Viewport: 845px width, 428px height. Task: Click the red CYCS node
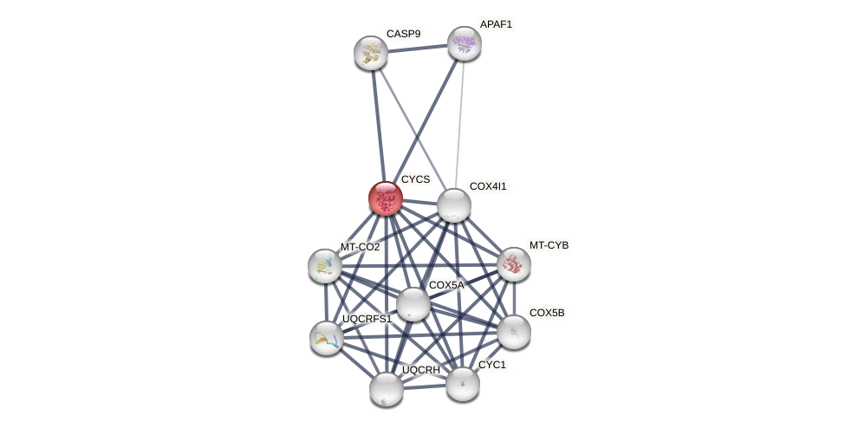click(386, 198)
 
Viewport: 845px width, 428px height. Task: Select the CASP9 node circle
click(371, 53)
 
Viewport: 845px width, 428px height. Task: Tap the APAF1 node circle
click(465, 43)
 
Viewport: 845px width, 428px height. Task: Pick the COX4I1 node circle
click(454, 205)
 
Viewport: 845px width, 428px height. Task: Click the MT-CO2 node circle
click(325, 266)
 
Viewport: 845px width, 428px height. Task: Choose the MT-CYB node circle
click(514, 264)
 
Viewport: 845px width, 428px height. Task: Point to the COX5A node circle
click(413, 304)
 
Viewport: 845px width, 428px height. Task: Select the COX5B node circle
click(514, 332)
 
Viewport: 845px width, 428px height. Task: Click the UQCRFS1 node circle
click(327, 338)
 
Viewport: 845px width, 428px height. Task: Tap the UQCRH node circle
click(387, 389)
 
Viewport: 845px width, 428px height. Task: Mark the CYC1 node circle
click(463, 384)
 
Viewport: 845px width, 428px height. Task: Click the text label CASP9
click(403, 34)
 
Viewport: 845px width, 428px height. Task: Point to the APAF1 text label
click(496, 24)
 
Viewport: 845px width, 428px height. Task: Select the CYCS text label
click(415, 179)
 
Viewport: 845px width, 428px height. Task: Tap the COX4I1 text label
click(488, 186)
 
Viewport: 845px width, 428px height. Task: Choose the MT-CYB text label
click(549, 245)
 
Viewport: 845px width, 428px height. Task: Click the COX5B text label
click(547, 313)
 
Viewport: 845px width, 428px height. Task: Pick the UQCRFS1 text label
click(367, 319)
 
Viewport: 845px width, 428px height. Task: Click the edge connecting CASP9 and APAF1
click(418, 49)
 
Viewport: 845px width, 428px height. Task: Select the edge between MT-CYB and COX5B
click(514, 298)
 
